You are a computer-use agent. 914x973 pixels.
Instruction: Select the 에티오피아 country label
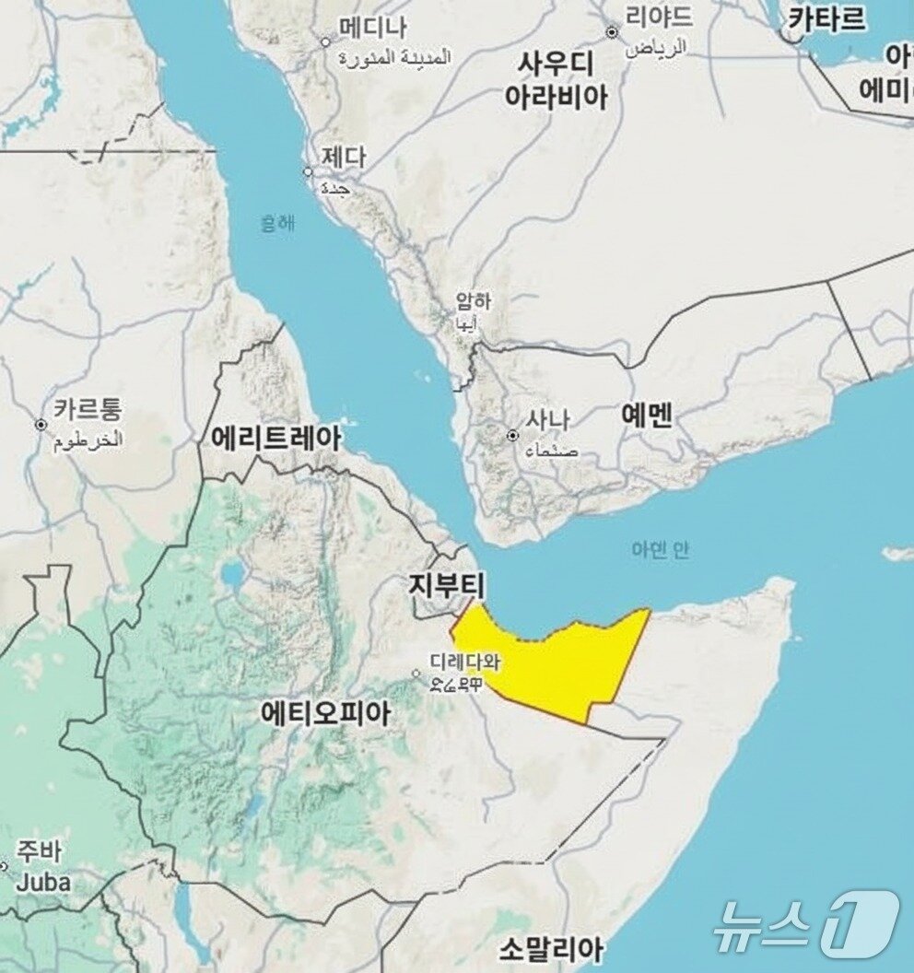point(325,713)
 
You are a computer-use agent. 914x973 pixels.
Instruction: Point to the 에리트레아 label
point(276,438)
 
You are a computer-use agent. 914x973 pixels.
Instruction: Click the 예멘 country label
point(647,415)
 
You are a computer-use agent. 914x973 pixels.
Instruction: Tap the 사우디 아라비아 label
point(556,81)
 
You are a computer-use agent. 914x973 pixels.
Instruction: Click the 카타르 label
point(826,18)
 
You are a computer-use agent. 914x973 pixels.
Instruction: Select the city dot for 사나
point(513,435)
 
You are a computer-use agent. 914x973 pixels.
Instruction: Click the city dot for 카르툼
point(41,425)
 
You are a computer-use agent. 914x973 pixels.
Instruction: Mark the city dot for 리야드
point(612,32)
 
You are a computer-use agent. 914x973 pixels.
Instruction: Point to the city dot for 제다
point(309,171)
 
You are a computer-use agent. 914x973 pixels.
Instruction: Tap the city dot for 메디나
point(325,41)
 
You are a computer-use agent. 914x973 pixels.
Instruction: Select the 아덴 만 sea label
point(660,550)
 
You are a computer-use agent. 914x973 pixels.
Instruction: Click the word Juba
point(44,882)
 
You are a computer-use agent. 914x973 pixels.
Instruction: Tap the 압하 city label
point(474,301)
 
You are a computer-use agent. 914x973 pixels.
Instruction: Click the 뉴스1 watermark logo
point(805,921)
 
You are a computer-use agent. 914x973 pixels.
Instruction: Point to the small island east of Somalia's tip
point(897,554)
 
